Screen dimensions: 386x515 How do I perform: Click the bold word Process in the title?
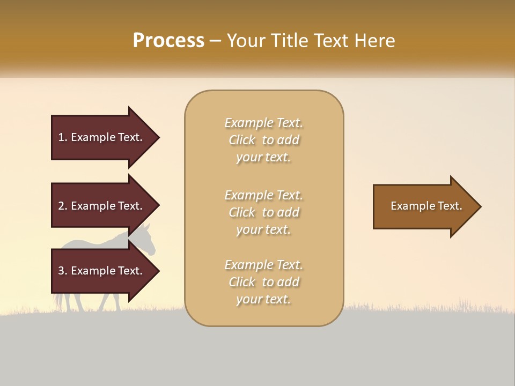tap(168, 41)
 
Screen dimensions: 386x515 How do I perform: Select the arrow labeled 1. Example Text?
tap(102, 137)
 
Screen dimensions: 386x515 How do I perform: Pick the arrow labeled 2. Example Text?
tap(102, 206)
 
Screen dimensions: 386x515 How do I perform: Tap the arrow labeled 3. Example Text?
tap(102, 271)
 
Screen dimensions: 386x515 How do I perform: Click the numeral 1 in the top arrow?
tap(61, 137)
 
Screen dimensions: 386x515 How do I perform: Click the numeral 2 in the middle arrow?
tap(61, 206)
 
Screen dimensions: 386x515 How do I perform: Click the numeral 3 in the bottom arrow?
tap(61, 271)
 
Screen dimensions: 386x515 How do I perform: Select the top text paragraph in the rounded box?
tap(263, 140)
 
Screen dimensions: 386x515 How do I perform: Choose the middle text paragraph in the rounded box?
tap(263, 212)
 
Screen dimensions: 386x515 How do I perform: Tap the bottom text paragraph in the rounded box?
tap(263, 282)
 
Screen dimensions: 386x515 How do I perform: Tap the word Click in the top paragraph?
tap(241, 140)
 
